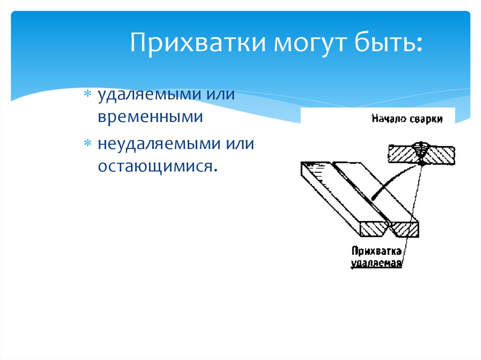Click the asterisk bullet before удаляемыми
pyautogui.click(x=87, y=94)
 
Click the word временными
pyautogui.click(x=150, y=116)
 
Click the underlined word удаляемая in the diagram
pyautogui.click(x=376, y=262)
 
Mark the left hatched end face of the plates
pyautogui.click(x=372, y=229)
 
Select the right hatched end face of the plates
pyautogui.click(x=405, y=228)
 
